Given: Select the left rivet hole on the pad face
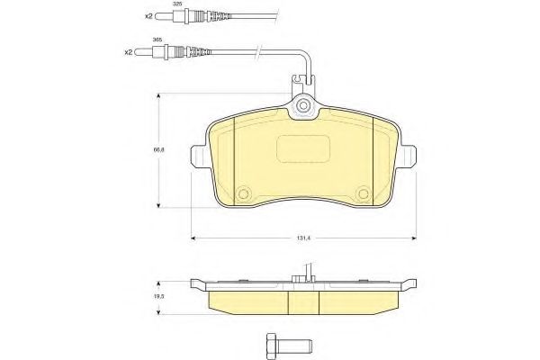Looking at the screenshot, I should pos(245,192).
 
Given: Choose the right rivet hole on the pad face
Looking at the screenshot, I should pos(363,192).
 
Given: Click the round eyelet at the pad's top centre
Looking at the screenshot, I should pos(303,110).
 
